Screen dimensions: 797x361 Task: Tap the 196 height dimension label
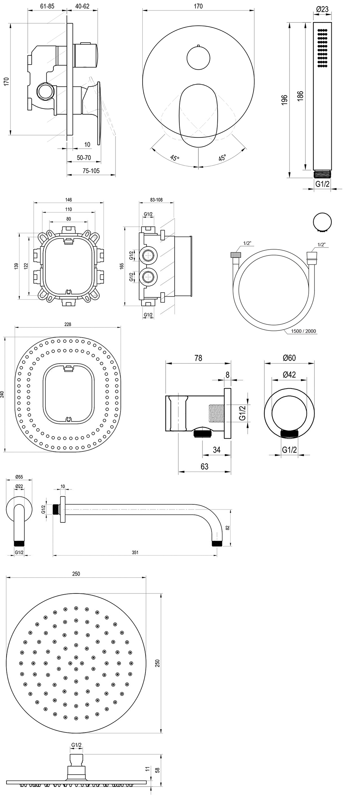coord(284,100)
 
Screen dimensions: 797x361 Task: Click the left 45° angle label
coord(174,158)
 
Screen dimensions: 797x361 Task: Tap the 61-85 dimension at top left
coord(47,6)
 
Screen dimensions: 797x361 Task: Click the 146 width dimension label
coord(69,200)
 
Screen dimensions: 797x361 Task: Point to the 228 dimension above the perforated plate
coord(68,324)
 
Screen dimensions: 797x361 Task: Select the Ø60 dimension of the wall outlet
coord(289,358)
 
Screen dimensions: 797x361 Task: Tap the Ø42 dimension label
coord(289,375)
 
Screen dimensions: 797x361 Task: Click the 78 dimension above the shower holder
coord(198,358)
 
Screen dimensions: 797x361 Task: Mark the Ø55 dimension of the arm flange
coord(19,477)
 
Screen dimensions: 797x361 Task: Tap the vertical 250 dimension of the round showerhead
coord(157,663)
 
